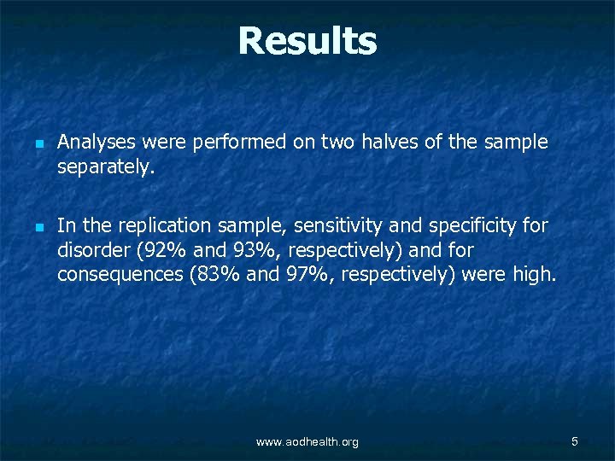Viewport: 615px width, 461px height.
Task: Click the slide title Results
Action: pyautogui.click(x=307, y=41)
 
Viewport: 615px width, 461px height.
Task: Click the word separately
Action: pyautogui.click(x=105, y=167)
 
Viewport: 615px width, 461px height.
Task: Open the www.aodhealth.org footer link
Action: pyautogui.click(x=307, y=441)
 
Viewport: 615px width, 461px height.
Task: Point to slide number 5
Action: pyautogui.click(x=575, y=441)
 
